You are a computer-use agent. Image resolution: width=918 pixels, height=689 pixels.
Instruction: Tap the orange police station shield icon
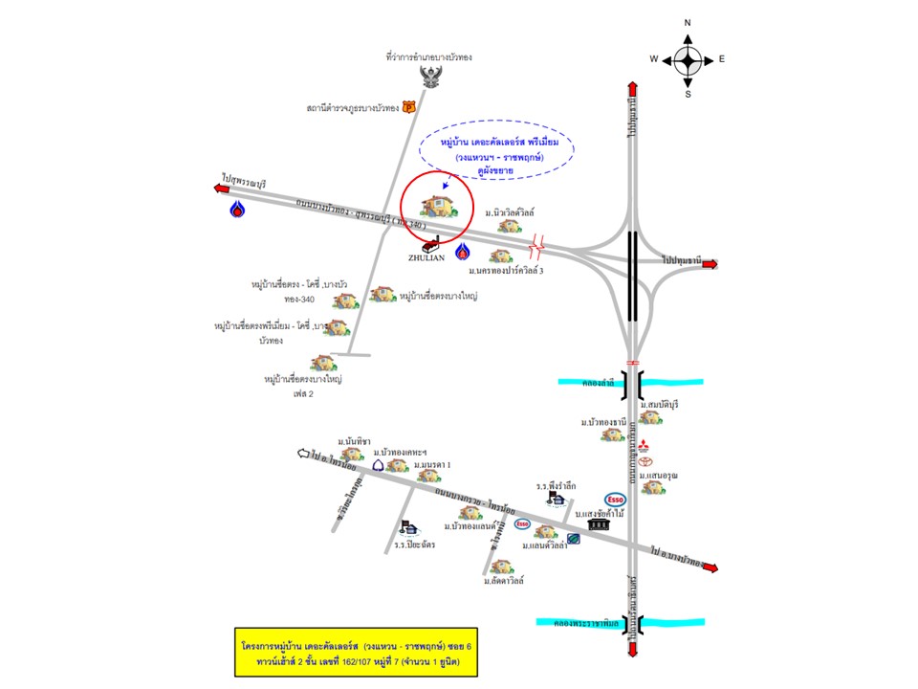click(x=408, y=108)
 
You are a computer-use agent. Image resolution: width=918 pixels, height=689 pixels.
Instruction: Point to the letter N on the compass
click(x=688, y=22)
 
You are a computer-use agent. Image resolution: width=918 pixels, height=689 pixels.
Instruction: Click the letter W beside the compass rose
click(x=654, y=59)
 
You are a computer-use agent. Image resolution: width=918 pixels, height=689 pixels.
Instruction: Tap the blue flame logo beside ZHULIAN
click(x=463, y=252)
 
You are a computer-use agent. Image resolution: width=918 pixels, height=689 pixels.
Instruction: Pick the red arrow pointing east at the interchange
click(x=708, y=263)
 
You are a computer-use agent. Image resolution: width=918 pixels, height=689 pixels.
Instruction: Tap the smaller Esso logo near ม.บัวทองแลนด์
click(x=522, y=524)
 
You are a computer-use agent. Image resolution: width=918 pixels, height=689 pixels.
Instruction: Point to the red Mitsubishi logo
click(x=644, y=445)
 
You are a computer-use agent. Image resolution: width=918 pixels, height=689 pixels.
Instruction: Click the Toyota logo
click(x=644, y=462)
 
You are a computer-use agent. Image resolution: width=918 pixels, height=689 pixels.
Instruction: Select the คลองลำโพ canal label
click(x=595, y=383)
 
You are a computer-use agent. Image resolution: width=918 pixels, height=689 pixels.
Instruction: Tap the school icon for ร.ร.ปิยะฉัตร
click(x=408, y=527)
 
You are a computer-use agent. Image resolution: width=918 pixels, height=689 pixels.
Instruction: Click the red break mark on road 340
click(x=537, y=247)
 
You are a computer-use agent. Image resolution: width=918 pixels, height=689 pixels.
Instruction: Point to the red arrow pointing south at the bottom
click(x=632, y=649)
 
